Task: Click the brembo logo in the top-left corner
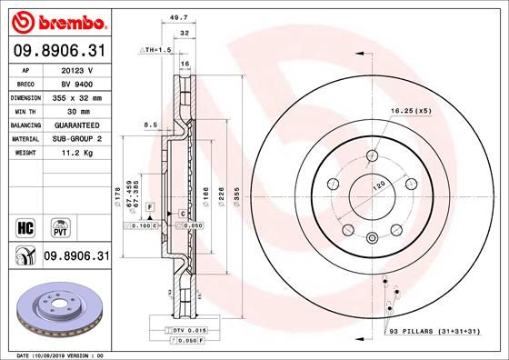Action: pyautogui.click(x=57, y=19)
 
